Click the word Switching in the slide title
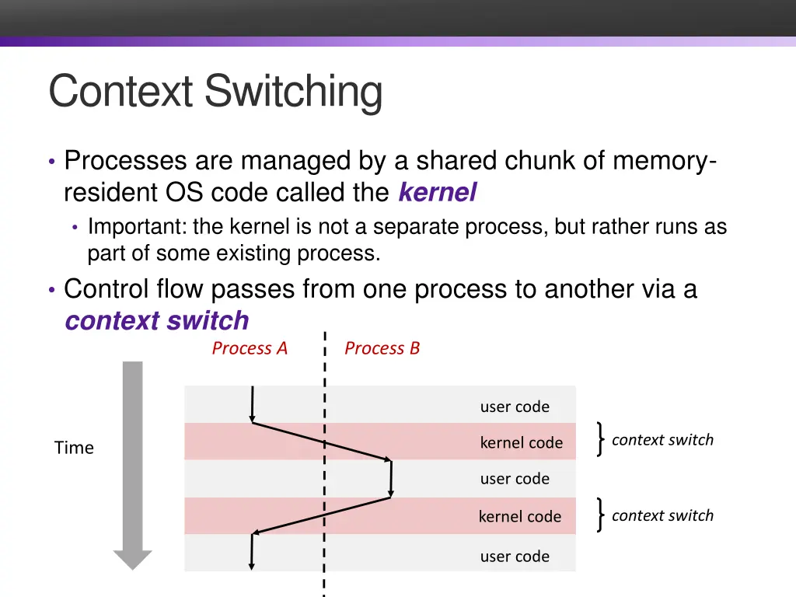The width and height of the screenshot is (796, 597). click(293, 93)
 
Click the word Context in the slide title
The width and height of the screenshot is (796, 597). click(120, 91)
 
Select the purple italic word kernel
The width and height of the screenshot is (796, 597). click(438, 192)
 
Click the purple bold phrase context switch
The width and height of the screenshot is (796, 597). click(157, 321)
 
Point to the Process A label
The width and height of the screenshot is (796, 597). click(250, 348)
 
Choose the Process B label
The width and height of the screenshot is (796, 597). click(382, 348)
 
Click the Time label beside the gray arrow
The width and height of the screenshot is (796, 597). click(74, 448)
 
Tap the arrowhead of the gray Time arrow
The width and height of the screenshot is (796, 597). click(132, 560)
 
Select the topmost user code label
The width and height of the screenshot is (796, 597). click(515, 407)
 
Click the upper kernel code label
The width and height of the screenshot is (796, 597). click(522, 442)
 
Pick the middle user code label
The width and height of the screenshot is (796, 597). click(515, 479)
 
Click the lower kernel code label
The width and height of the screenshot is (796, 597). click(520, 516)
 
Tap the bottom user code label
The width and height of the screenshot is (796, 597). click(515, 557)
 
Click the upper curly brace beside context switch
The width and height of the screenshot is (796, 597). click(601, 439)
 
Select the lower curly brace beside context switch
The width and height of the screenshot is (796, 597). click(601, 515)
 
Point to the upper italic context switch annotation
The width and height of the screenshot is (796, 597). click(662, 440)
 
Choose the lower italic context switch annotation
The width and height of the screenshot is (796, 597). click(662, 516)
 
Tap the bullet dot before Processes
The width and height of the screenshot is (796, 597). click(52, 162)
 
